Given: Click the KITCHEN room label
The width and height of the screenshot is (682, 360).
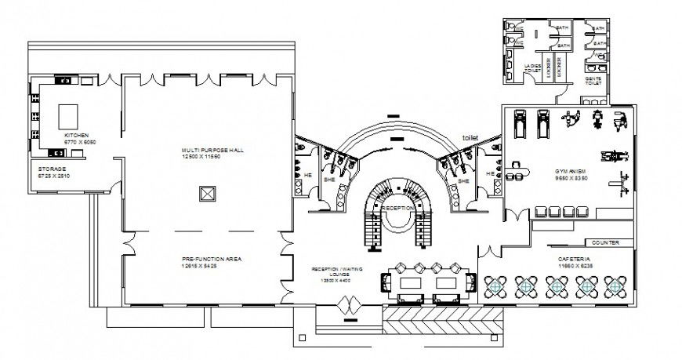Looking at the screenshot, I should click(76, 135).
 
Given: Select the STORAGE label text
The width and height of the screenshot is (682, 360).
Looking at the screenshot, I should click(52, 169).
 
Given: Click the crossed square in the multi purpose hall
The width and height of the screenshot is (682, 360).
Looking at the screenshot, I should click(207, 194).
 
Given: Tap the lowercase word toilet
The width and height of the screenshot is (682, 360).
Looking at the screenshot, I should click(470, 137).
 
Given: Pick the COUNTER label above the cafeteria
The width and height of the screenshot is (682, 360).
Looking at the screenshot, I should click(605, 243).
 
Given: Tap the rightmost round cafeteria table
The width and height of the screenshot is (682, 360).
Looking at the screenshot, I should click(615, 288).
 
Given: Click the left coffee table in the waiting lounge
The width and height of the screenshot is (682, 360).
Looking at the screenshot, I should click(408, 281).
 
